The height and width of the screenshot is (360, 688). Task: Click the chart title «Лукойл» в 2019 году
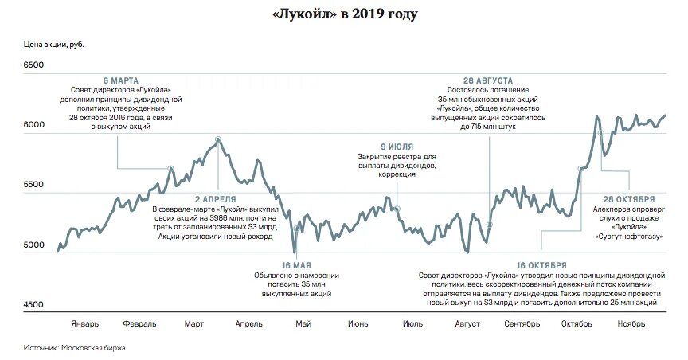[344, 14]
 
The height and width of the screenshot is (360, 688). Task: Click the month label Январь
[84, 324]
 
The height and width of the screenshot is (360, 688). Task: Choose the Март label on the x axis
[193, 324]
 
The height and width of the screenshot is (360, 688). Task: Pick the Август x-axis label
[467, 324]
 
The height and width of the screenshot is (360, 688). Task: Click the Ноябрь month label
[631, 324]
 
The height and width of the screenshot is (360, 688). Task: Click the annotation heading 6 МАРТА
[121, 81]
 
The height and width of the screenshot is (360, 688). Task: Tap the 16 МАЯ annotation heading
[295, 264]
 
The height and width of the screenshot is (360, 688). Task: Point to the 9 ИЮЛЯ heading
[396, 147]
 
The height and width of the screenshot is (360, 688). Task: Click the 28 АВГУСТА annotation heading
[487, 81]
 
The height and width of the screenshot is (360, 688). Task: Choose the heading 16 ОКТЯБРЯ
[541, 264]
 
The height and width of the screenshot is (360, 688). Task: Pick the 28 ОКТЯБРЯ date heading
[628, 198]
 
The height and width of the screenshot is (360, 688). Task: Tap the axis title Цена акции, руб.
[53, 43]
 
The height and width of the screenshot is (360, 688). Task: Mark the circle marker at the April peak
[218, 139]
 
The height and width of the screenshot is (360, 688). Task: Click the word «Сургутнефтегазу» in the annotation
[628, 237]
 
